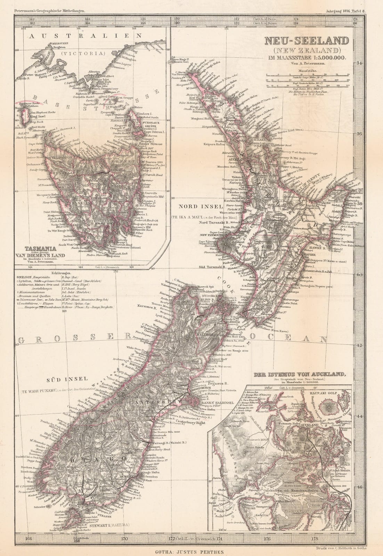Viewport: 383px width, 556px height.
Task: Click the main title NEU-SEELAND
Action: pos(307,41)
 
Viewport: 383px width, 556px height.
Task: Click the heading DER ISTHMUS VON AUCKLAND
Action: pos(300,375)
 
